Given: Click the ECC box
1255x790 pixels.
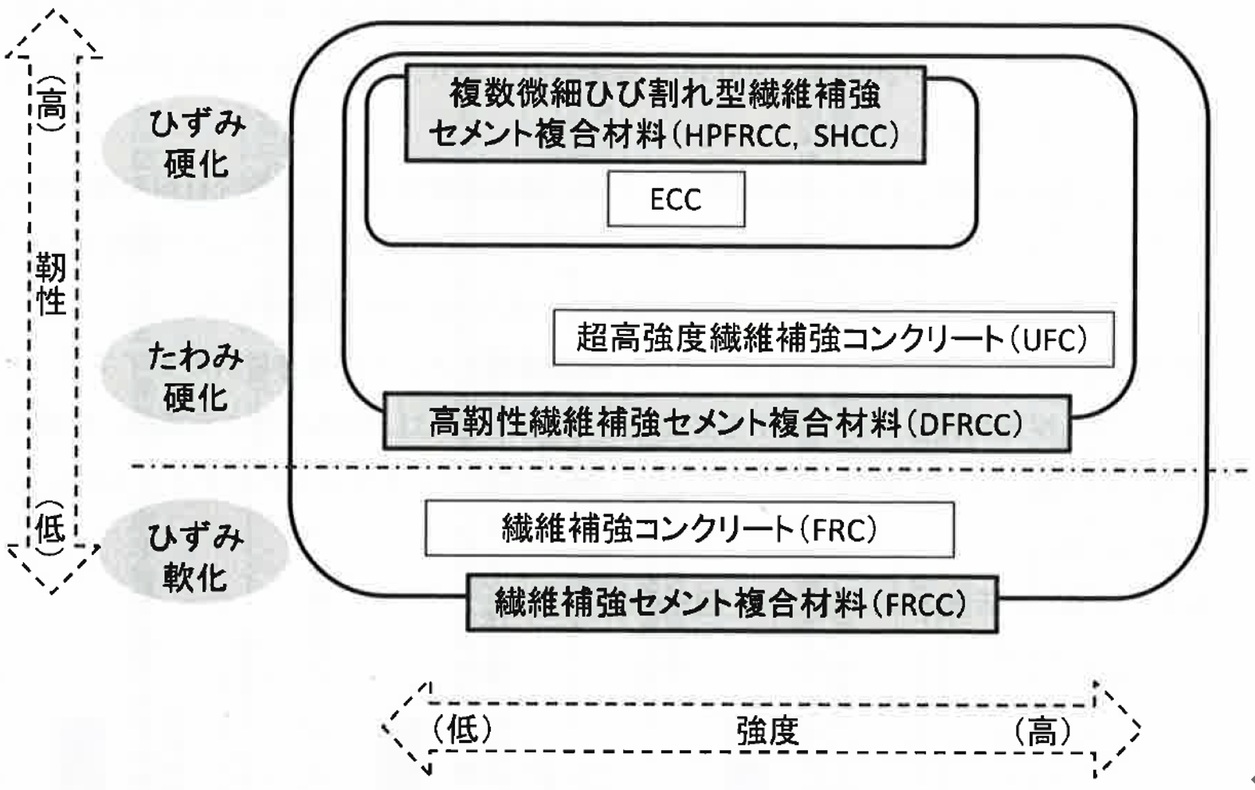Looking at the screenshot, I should coord(676,199).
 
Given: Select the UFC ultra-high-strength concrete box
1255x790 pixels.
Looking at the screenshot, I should coord(833,339).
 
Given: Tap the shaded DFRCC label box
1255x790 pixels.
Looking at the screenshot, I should coord(726,423).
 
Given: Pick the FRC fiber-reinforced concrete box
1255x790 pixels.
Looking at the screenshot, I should coord(689,529).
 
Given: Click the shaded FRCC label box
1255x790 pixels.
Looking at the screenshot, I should coord(731,603).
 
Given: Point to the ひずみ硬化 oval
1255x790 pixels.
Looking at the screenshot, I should coord(195,145).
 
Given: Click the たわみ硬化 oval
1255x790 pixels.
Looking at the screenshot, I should coord(195,377).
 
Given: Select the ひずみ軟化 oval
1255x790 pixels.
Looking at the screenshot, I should coord(195,557).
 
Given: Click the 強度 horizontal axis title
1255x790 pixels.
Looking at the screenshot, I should coord(767,731).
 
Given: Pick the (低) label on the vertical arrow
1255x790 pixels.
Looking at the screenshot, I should coord(50,521).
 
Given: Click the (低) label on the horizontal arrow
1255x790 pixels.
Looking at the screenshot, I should coord(462,729).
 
